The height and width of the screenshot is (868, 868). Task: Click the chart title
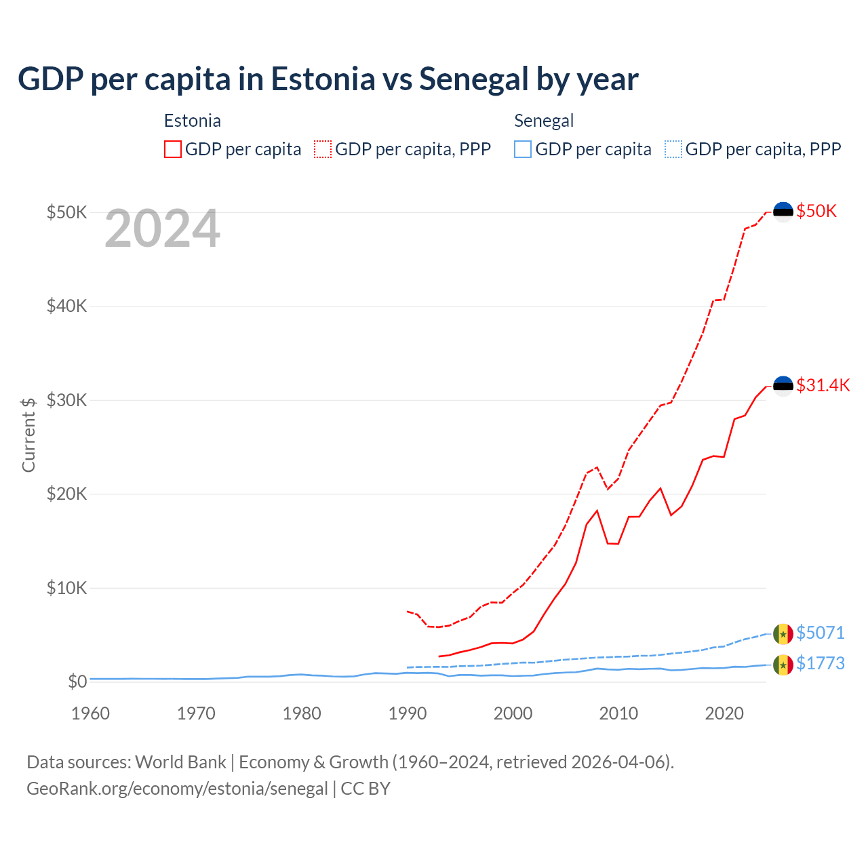click(328, 79)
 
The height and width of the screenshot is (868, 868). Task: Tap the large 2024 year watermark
click(163, 229)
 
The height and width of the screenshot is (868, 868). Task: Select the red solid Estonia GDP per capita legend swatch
click(173, 149)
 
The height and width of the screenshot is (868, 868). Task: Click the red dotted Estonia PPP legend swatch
click(323, 149)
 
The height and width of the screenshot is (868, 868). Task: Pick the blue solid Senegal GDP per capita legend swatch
click(523, 149)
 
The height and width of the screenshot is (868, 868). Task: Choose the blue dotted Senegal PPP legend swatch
click(673, 149)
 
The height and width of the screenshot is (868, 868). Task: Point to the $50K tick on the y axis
click(67, 212)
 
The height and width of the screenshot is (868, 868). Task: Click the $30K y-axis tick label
click(67, 400)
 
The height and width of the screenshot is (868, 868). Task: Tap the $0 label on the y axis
click(77, 682)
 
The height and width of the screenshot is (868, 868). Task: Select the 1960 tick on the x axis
click(90, 713)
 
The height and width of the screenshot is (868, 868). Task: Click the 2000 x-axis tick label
click(513, 713)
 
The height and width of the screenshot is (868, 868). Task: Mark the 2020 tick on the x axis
click(724, 713)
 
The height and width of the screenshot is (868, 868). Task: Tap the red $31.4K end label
click(823, 386)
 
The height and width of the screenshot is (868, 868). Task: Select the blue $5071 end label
click(821, 633)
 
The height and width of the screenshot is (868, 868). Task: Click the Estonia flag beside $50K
click(783, 212)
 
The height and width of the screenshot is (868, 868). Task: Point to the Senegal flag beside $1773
click(783, 665)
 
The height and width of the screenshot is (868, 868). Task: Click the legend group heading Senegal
click(544, 121)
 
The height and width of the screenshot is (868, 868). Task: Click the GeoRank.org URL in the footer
click(177, 789)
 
